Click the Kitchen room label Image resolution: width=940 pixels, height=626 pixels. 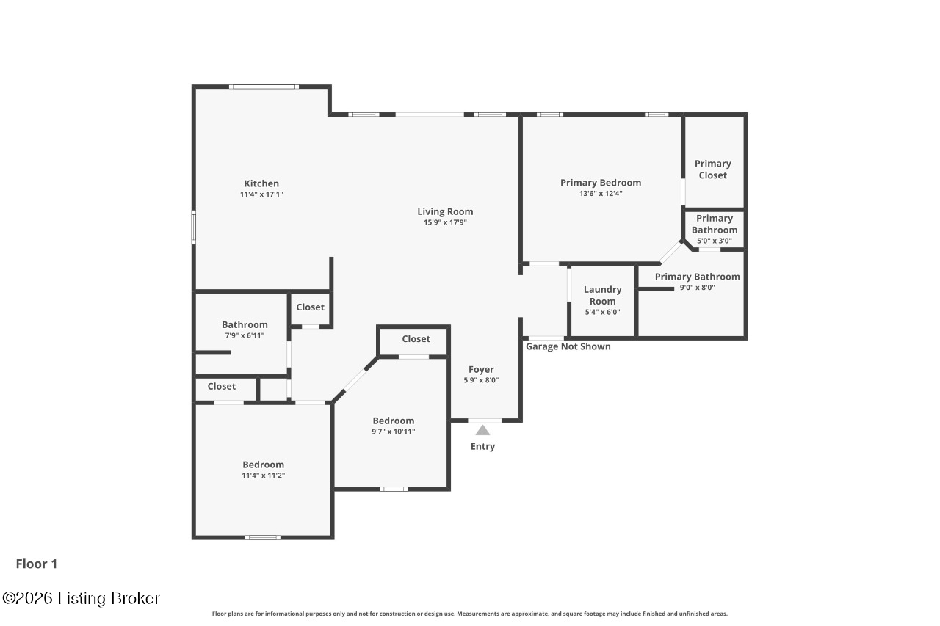(x=261, y=183)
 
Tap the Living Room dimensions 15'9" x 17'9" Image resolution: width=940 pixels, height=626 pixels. (x=445, y=222)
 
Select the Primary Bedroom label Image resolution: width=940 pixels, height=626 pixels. (x=600, y=183)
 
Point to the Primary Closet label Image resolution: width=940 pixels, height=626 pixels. (x=712, y=170)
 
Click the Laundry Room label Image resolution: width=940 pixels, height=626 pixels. (x=602, y=295)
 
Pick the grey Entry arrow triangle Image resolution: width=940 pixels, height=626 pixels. (x=482, y=430)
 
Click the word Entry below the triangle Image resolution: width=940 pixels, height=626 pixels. (x=482, y=446)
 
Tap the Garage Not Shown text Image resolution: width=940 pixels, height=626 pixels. (x=568, y=346)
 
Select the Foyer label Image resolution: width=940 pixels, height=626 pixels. (x=481, y=369)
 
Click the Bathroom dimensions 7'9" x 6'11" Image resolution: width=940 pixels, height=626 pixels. (x=245, y=335)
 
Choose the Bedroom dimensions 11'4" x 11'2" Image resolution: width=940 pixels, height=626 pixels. (x=263, y=476)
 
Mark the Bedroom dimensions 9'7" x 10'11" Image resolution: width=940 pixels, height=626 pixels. (x=393, y=432)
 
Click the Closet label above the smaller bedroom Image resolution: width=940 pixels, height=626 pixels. (x=416, y=338)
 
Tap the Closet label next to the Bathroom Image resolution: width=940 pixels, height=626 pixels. (x=310, y=307)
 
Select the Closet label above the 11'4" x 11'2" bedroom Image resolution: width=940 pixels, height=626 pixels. (x=221, y=386)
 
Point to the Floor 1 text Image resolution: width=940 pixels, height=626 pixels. (x=37, y=564)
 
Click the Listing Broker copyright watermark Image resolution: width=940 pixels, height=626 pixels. (x=81, y=598)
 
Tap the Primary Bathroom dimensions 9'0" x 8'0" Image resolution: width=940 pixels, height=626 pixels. (x=697, y=288)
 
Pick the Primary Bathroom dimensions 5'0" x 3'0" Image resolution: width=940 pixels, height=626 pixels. (x=714, y=241)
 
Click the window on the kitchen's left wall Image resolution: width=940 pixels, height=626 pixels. (x=194, y=227)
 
